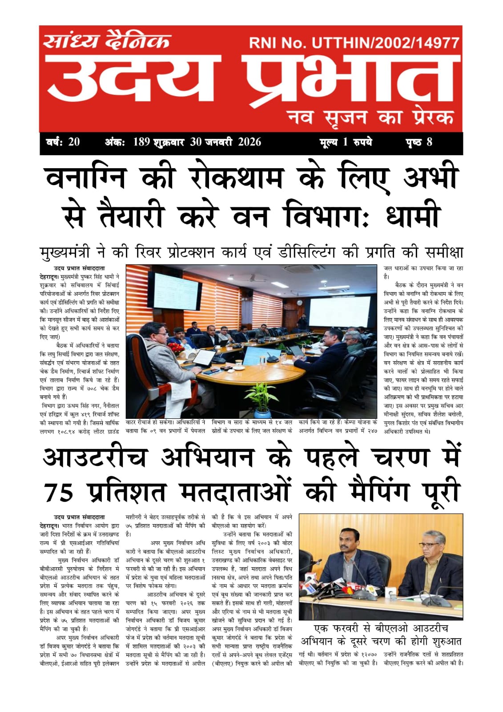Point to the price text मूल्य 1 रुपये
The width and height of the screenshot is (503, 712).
tap(346, 142)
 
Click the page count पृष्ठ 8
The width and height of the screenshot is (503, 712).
tap(418, 142)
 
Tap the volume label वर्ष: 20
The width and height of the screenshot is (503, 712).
tap(63, 142)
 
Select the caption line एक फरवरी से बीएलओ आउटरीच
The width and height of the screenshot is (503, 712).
tap(381, 629)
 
